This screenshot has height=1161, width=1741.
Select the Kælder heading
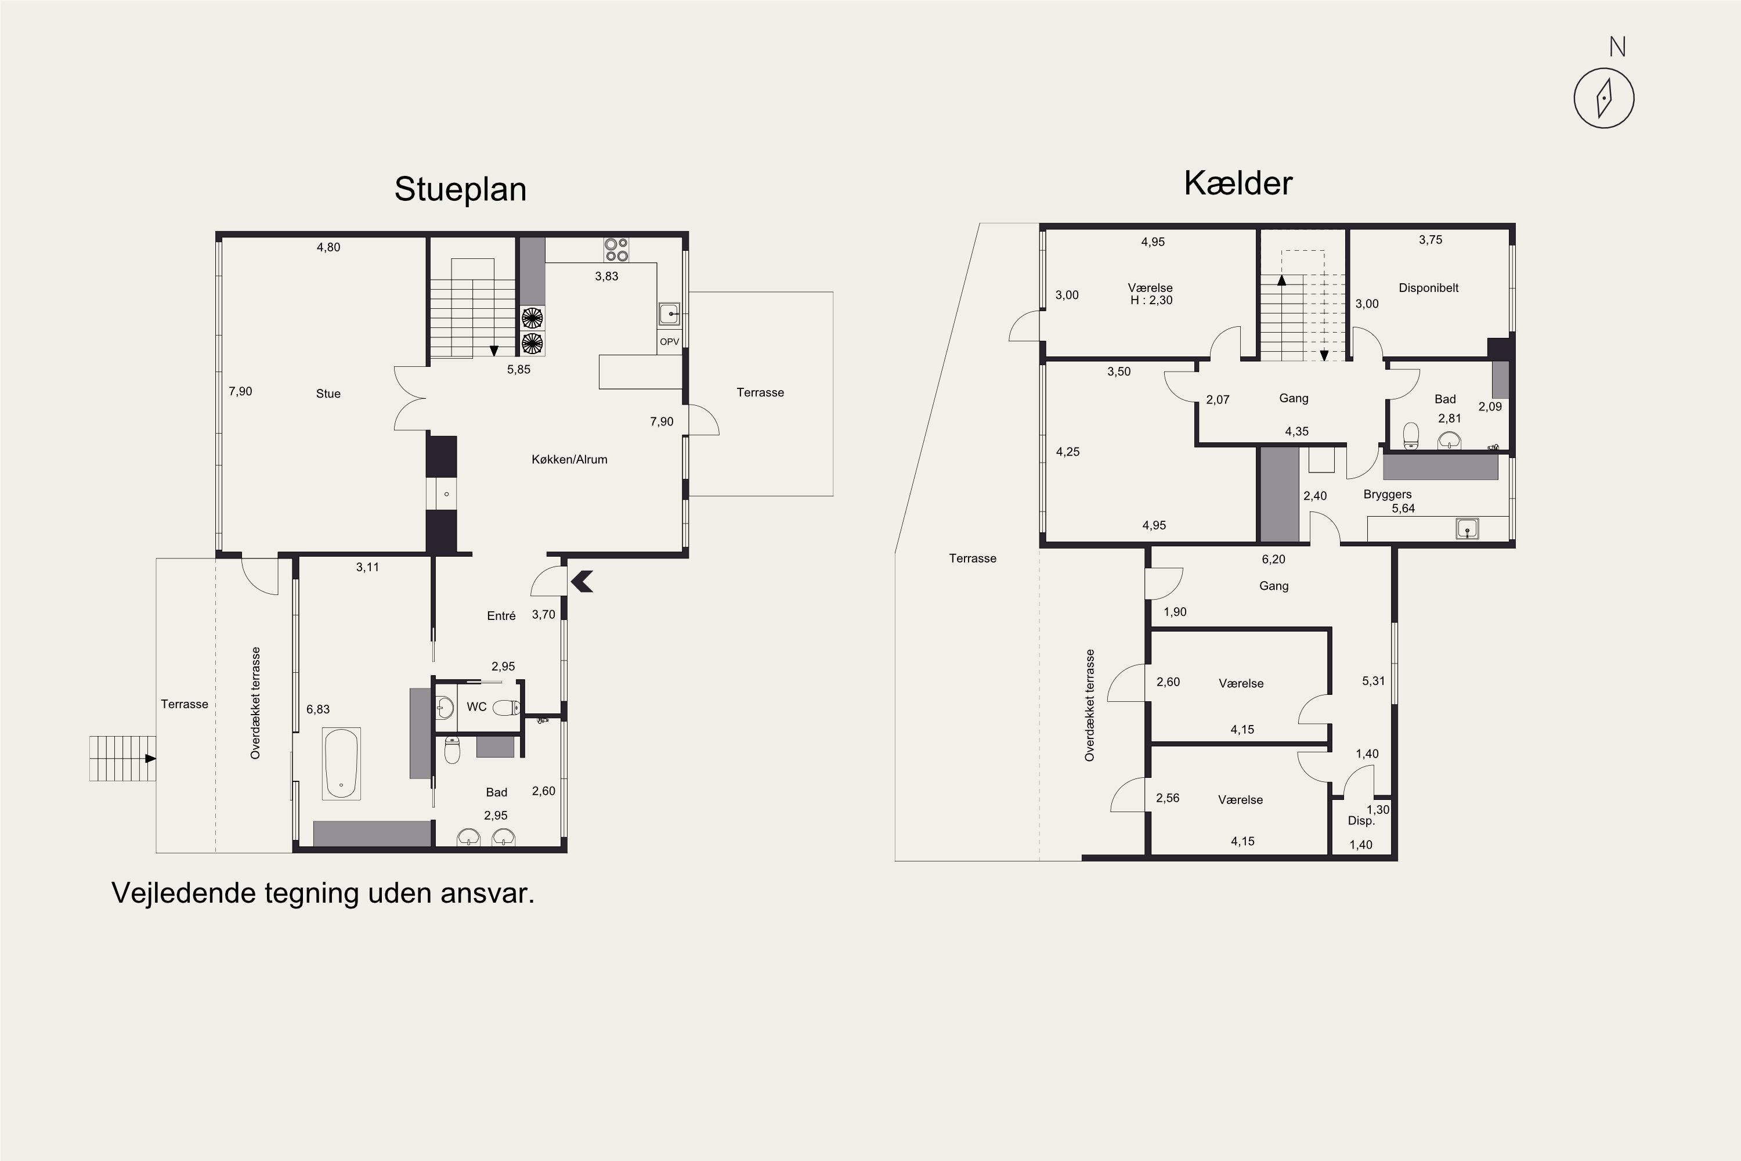pos(1238,183)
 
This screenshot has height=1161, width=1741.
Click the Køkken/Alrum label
pos(569,459)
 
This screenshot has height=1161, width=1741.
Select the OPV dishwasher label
pos(669,341)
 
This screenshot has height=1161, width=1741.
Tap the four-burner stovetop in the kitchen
pos(616,250)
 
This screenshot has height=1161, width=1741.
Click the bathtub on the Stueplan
pos(341,763)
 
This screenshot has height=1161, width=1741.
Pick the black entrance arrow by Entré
pos(583,581)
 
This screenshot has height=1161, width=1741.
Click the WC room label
pos(476,706)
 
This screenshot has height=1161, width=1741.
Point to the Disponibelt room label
pos(1428,288)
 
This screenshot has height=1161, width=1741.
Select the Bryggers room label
pos(1387,495)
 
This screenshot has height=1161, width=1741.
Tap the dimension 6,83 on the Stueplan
pos(318,709)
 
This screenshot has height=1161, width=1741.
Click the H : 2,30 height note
pos(1151,300)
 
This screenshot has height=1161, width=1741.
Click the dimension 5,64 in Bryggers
pos(1403,508)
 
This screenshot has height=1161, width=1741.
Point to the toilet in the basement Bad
pos(1411,435)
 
